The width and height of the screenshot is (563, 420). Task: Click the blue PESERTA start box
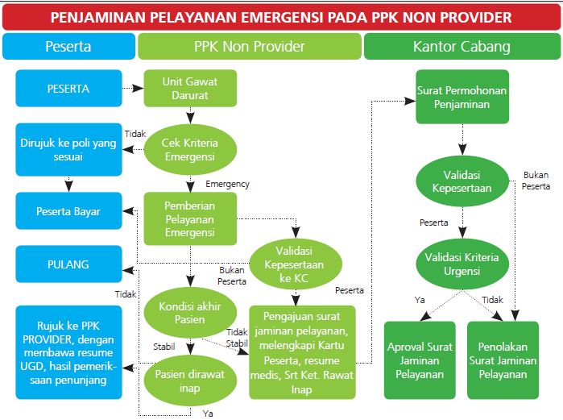coord(68,89)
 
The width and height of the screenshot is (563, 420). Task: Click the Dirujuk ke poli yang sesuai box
coord(68,150)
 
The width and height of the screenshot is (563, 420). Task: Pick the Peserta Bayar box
coord(68,212)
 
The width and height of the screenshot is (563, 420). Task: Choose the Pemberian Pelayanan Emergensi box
coord(190,218)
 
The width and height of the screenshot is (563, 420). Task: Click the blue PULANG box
coord(68,264)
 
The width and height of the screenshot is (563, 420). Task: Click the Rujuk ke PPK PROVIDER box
coord(68,351)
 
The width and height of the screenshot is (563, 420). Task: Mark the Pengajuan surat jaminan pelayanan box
coord(302,351)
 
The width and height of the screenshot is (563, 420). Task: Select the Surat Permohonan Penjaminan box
coord(462,98)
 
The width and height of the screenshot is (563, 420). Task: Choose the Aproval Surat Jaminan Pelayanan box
coord(419,360)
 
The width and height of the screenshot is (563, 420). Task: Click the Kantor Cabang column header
coord(462,46)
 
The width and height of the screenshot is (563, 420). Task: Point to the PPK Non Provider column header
coord(250,46)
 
